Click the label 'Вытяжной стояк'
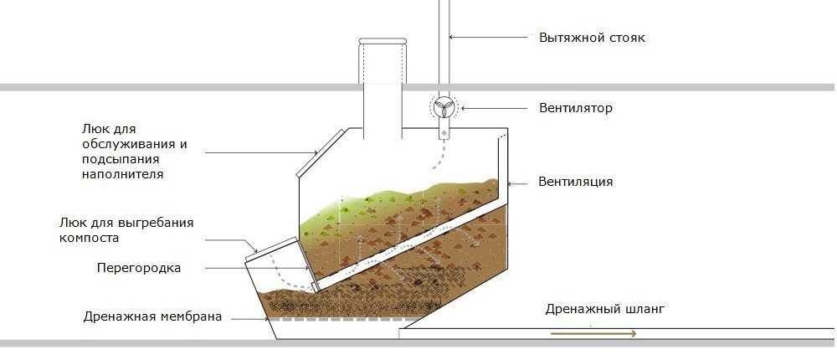click(591, 38)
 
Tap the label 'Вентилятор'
click(576, 108)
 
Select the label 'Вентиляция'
click(576, 181)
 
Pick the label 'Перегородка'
click(139, 268)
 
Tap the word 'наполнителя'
click(122, 174)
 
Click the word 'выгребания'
click(157, 223)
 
